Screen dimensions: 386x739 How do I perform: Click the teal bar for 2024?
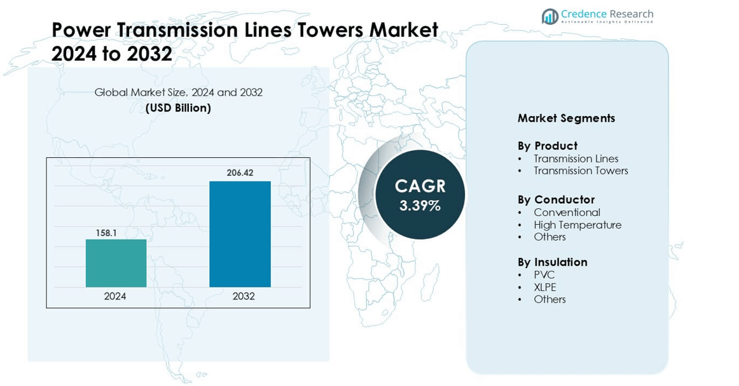pyautogui.click(x=116, y=263)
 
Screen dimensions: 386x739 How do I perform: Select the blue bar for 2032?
pyautogui.click(x=240, y=234)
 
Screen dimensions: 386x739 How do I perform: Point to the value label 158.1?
pyautogui.click(x=106, y=233)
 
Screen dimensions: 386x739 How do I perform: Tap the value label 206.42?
pyautogui.click(x=240, y=173)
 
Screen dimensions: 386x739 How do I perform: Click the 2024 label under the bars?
pyautogui.click(x=115, y=296)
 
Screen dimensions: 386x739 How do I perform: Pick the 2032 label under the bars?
pyautogui.click(x=244, y=296)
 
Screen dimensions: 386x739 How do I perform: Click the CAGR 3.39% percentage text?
pyautogui.click(x=420, y=206)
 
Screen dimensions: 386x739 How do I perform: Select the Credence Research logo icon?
pyautogui.click(x=549, y=16)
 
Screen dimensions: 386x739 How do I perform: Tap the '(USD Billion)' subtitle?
pyautogui.click(x=178, y=108)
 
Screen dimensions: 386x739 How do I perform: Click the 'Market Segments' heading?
pyautogui.click(x=566, y=118)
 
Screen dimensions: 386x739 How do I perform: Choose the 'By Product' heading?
pyautogui.click(x=547, y=146)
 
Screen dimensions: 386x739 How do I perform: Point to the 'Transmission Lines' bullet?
pyautogui.click(x=576, y=159)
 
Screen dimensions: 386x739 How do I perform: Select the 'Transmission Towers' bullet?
pyautogui.click(x=581, y=171)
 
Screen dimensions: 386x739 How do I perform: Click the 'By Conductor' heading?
pyautogui.click(x=556, y=200)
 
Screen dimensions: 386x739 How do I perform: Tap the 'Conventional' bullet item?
pyautogui.click(x=567, y=212)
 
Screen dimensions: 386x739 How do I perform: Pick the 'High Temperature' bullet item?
pyautogui.click(x=577, y=225)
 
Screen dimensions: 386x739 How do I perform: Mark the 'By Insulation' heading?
pyautogui.click(x=552, y=262)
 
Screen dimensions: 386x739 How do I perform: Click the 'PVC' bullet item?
pyautogui.click(x=544, y=275)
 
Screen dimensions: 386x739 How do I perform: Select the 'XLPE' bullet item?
pyautogui.click(x=545, y=287)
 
